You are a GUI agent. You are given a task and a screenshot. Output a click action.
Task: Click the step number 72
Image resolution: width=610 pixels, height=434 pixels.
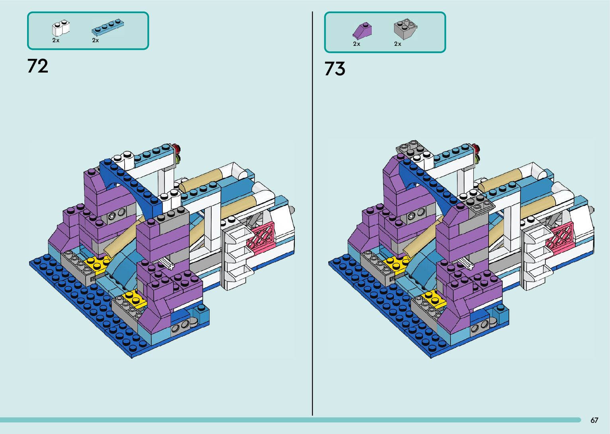38,66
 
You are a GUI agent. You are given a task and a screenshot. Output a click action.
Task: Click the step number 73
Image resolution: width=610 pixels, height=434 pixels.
335,69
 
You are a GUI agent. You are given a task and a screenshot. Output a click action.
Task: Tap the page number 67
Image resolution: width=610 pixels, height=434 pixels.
594,420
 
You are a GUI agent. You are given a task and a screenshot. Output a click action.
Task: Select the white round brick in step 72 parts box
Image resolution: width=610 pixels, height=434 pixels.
61,28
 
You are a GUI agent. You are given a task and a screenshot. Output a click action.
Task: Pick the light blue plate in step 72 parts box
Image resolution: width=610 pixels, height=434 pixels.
107,27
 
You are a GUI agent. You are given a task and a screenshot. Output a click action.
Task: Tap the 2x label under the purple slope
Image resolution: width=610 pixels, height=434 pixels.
356,44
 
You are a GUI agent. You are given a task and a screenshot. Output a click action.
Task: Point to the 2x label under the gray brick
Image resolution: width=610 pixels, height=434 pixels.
398,44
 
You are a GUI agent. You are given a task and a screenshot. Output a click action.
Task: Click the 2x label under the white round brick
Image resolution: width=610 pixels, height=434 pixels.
56,40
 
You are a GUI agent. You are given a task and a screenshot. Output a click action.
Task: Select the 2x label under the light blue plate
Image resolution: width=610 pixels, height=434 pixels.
96,40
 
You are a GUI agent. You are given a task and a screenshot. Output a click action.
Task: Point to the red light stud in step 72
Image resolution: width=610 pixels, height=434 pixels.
177,149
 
